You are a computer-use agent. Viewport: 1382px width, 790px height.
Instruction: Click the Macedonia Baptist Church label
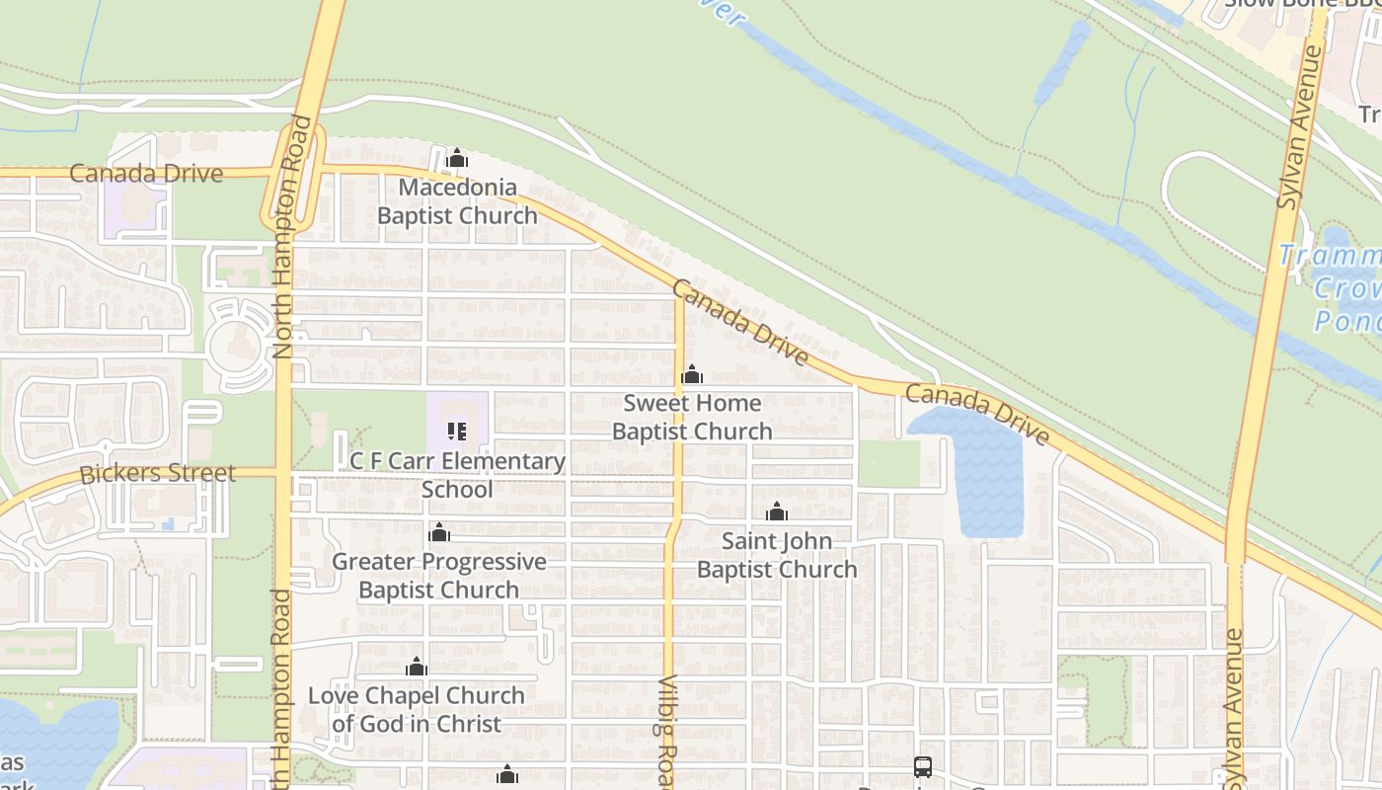click(457, 201)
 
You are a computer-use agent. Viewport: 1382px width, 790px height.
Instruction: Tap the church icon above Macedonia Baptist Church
click(456, 158)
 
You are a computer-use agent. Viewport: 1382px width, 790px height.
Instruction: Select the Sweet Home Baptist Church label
click(692, 417)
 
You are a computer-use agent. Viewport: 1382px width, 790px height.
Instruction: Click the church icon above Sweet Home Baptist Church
click(692, 374)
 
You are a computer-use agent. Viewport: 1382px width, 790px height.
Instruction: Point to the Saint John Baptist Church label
click(777, 555)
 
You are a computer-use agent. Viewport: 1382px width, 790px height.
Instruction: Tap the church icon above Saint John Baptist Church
click(777, 512)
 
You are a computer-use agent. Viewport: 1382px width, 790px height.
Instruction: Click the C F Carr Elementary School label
click(457, 475)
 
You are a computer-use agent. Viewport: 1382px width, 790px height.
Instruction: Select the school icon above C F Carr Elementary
click(456, 431)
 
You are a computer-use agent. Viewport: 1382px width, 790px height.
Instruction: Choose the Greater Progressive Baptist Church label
click(438, 576)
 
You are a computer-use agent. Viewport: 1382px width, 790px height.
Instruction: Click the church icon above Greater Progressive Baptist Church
click(439, 533)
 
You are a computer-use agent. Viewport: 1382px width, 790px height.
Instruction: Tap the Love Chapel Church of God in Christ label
click(416, 709)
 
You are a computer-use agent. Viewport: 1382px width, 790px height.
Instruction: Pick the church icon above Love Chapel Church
click(417, 667)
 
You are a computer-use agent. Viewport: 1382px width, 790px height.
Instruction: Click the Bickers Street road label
click(158, 473)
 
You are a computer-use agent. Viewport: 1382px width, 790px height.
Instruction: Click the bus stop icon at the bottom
click(922, 766)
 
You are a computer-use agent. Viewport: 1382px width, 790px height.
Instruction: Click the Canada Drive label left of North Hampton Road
click(146, 174)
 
